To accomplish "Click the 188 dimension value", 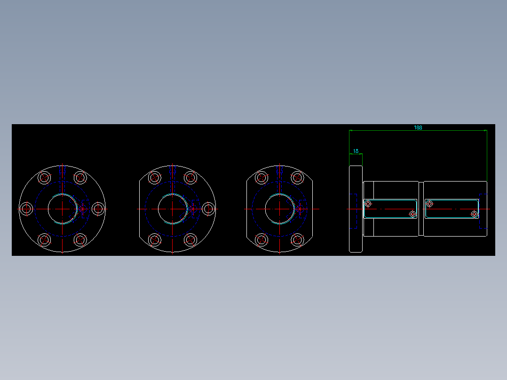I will coord(418,127).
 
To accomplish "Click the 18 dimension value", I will coord(356,151).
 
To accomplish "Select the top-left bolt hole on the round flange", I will coord(45,178).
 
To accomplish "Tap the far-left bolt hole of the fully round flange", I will coord(26,208).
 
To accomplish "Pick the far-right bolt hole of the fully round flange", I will coord(98,208).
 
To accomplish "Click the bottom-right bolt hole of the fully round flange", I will coord(80,239).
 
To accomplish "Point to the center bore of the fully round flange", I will coord(63,208).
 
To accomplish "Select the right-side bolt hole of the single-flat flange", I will coord(208,208).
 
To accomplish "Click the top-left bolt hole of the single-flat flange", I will coord(155,178).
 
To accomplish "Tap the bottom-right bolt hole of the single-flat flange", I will coord(190,239).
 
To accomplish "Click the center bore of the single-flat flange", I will coord(172,208).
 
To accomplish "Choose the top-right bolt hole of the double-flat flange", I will coord(297,178).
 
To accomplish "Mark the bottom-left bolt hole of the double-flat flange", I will coord(261,239).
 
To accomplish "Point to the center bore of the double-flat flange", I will coord(279,208).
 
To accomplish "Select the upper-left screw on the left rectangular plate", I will coord(368,204).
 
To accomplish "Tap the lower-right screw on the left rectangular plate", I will coord(412,214).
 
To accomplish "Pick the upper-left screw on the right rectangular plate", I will coord(429,204).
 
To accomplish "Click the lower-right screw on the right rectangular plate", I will coord(474,214).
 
